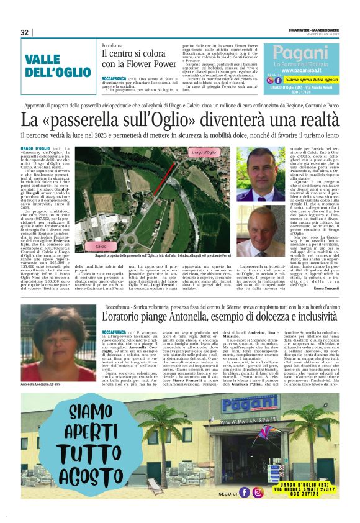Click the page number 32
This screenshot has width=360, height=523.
pyautogui.click(x=24, y=32)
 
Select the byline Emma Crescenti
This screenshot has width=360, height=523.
pyautogui.click(x=326, y=288)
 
